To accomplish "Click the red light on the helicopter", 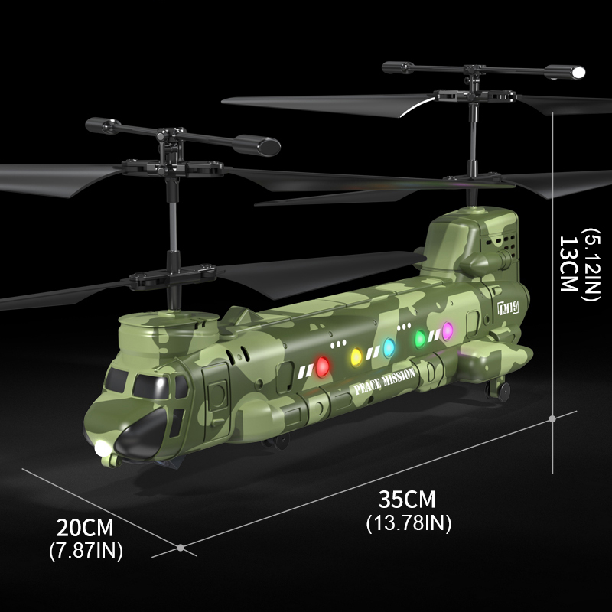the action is (322, 367).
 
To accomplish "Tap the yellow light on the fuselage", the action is (356, 357).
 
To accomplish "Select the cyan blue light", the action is (389, 348).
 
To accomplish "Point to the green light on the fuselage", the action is (420, 339).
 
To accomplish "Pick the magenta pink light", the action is (448, 330).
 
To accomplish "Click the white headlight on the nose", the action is (103, 448).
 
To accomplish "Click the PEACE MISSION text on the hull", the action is (384, 381).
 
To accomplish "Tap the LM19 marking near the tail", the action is (508, 308).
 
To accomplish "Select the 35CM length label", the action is (407, 500).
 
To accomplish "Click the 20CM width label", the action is (85, 528).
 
